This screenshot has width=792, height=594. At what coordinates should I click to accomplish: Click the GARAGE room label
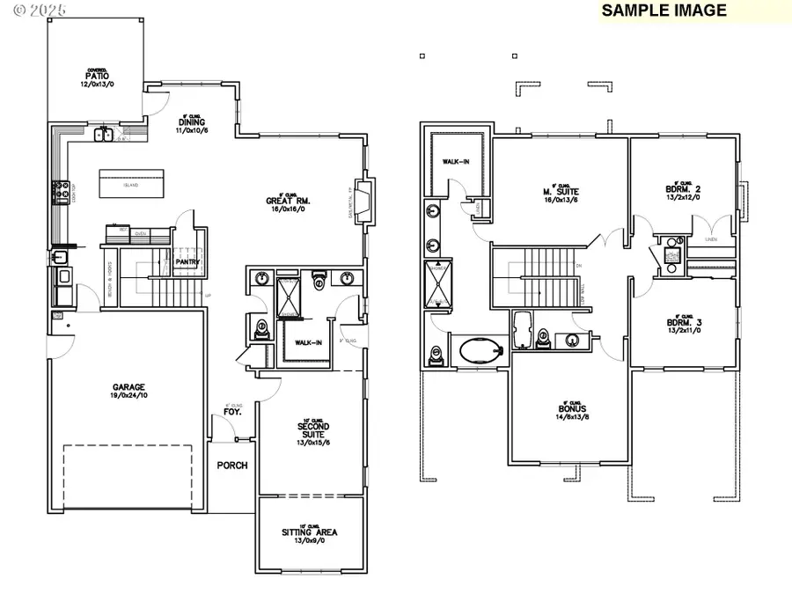click(128, 387)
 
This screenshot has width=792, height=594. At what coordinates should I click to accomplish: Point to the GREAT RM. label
click(289, 201)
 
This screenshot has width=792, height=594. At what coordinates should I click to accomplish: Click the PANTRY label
click(188, 261)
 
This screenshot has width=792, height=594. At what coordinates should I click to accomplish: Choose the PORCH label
click(232, 466)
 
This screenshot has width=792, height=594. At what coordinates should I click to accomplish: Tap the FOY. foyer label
click(232, 410)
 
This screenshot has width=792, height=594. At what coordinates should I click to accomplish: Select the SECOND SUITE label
click(312, 430)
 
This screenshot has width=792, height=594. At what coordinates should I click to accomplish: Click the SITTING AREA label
click(309, 532)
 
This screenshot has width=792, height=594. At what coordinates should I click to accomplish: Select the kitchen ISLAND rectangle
click(132, 185)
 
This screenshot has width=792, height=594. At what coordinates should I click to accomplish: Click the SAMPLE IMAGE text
click(664, 11)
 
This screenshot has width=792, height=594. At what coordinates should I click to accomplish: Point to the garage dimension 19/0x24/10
click(128, 396)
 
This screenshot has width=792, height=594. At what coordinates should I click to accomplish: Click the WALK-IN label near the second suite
click(308, 343)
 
